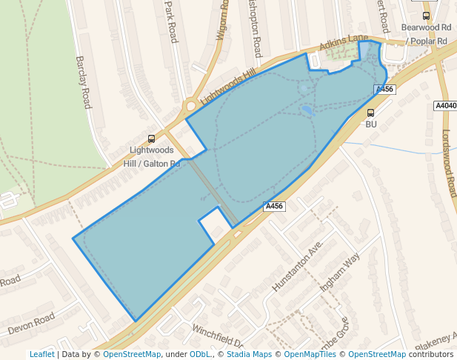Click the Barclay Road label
pyautogui.click(x=82, y=82)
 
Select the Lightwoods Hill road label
pyautogui.click(x=227, y=87)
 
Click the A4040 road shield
pyautogui.click(x=445, y=106)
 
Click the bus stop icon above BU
pyautogui.click(x=370, y=113)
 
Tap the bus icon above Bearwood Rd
pyautogui.click(x=426, y=16)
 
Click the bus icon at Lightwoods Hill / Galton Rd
pyautogui.click(x=152, y=139)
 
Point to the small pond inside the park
pyautogui.click(x=306, y=111)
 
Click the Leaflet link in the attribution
pyautogui.click(x=41, y=354)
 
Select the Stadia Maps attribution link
pyautogui.click(x=250, y=354)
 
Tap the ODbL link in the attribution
pyautogui.click(x=200, y=354)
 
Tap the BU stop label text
pyautogui.click(x=371, y=124)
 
